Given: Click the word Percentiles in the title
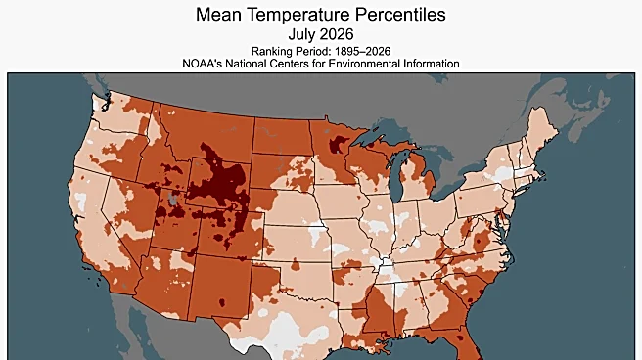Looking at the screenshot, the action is pyautogui.click(x=400, y=15).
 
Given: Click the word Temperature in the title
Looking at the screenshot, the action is pyautogui.click(x=298, y=15).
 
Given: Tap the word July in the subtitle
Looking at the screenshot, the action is pyautogui.click(x=302, y=34).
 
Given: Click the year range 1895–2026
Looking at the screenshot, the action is pyautogui.click(x=363, y=51).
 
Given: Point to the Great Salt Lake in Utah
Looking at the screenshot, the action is pyautogui.click(x=173, y=200).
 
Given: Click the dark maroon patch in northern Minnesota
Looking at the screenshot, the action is pyautogui.click(x=338, y=144).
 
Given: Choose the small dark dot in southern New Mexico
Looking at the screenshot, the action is pyautogui.click(x=222, y=302).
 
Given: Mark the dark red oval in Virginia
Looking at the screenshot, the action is pyautogui.click(x=479, y=241).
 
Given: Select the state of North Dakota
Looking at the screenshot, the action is pyautogui.click(x=282, y=136).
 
